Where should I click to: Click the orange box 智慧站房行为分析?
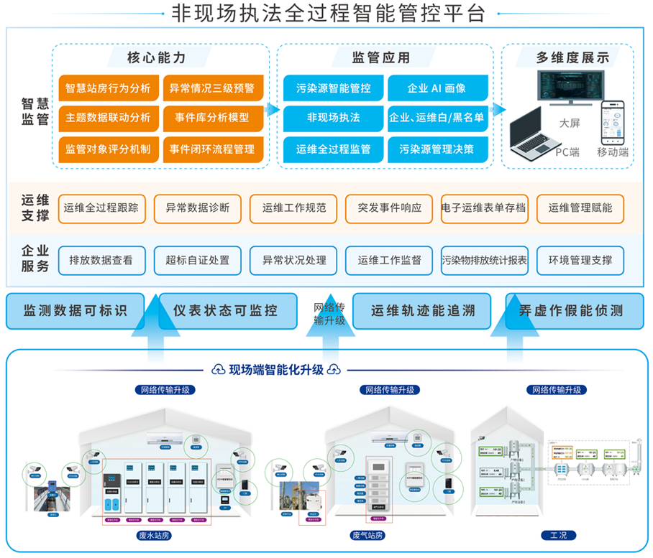click(x=108, y=88)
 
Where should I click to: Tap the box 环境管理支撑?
click(x=580, y=261)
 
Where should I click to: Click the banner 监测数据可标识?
click(x=75, y=311)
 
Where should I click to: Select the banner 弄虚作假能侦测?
click(x=571, y=311)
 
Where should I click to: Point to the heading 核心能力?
click(x=156, y=57)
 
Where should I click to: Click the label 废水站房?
click(x=155, y=536)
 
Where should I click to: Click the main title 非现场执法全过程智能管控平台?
click(x=326, y=13)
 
